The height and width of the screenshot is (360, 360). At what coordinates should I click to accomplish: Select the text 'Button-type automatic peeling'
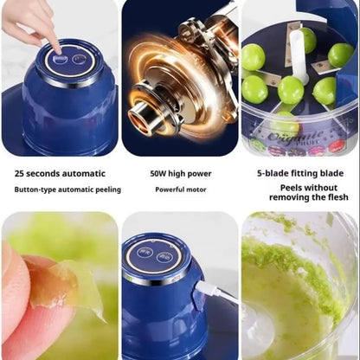pyautogui.click(x=67, y=190)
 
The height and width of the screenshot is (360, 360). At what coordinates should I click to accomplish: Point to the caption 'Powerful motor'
pyautogui.click(x=179, y=190)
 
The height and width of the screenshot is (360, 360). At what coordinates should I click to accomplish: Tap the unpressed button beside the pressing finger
pyautogui.click(x=79, y=59)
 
